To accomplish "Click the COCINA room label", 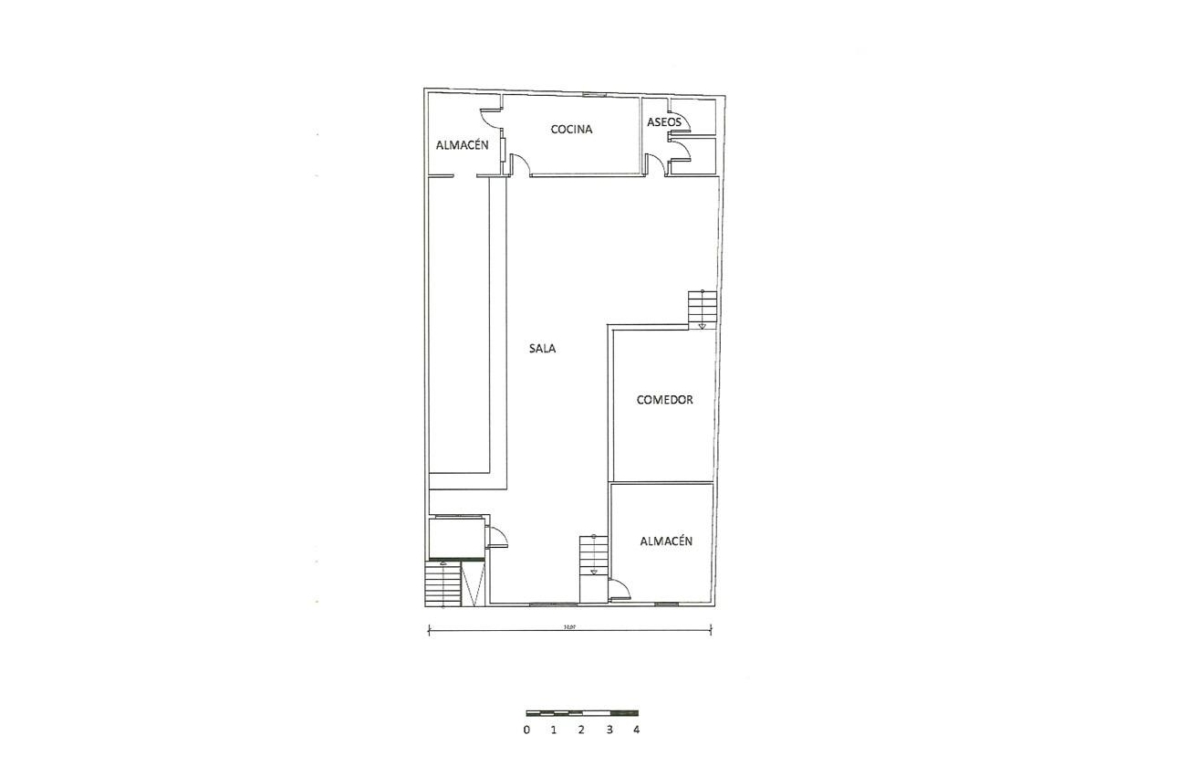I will pyautogui.click(x=571, y=130).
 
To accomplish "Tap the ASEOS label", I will pyautogui.click(x=663, y=122).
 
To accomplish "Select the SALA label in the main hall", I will pyautogui.click(x=542, y=348).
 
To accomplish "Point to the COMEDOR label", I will pyautogui.click(x=665, y=400).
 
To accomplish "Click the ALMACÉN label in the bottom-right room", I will pyautogui.click(x=665, y=541).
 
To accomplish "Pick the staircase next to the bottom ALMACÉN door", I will pyautogui.click(x=593, y=555).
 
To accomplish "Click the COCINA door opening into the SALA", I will pyautogui.click(x=519, y=165).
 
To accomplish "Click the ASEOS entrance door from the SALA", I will pyautogui.click(x=654, y=164).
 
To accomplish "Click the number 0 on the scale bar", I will pyautogui.click(x=526, y=730).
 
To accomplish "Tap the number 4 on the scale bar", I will pyautogui.click(x=636, y=730).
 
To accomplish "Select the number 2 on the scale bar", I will pyautogui.click(x=581, y=730).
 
